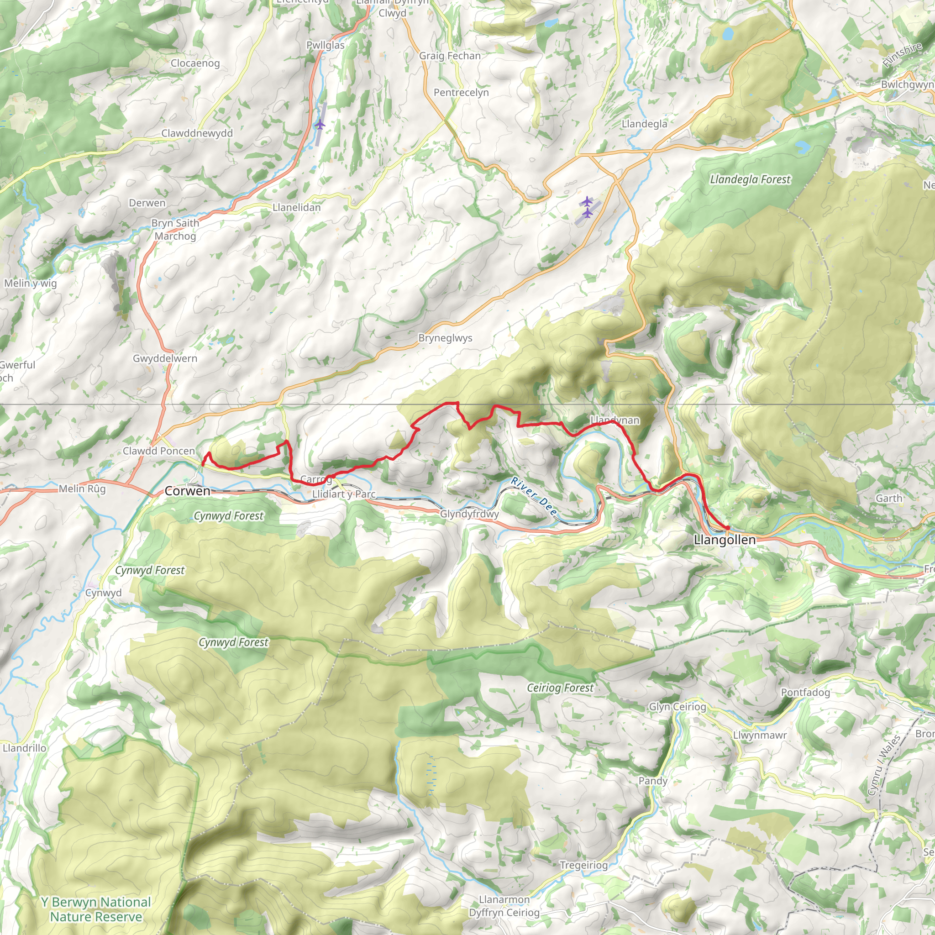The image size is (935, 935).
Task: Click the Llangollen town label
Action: [x=724, y=540]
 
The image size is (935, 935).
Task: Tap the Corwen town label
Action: [x=187, y=491]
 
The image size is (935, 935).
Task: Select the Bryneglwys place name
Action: [x=445, y=338]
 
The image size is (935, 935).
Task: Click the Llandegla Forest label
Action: [x=750, y=179]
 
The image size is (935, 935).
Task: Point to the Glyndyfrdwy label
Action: [x=469, y=514]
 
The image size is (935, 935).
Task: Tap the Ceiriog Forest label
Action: [x=559, y=688]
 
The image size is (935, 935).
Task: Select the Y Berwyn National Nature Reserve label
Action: [x=96, y=909]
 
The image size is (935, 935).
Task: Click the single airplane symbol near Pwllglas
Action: [x=320, y=125]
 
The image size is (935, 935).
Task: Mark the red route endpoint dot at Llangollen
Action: [x=727, y=527]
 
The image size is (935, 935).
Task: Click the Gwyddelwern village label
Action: [x=165, y=358]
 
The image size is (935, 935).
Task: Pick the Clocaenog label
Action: [x=195, y=63]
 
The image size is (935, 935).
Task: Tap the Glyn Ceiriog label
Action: [x=677, y=707]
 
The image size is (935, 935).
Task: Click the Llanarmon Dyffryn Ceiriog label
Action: [x=504, y=906]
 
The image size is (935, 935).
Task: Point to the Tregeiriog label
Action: [x=583, y=865]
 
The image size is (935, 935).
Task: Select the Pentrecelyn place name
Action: [x=461, y=92]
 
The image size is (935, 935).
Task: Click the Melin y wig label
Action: [x=30, y=283]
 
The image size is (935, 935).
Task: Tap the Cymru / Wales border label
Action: [x=884, y=765]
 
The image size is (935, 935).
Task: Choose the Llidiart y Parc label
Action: [x=344, y=494]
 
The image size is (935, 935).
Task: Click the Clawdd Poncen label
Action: [x=159, y=451]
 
